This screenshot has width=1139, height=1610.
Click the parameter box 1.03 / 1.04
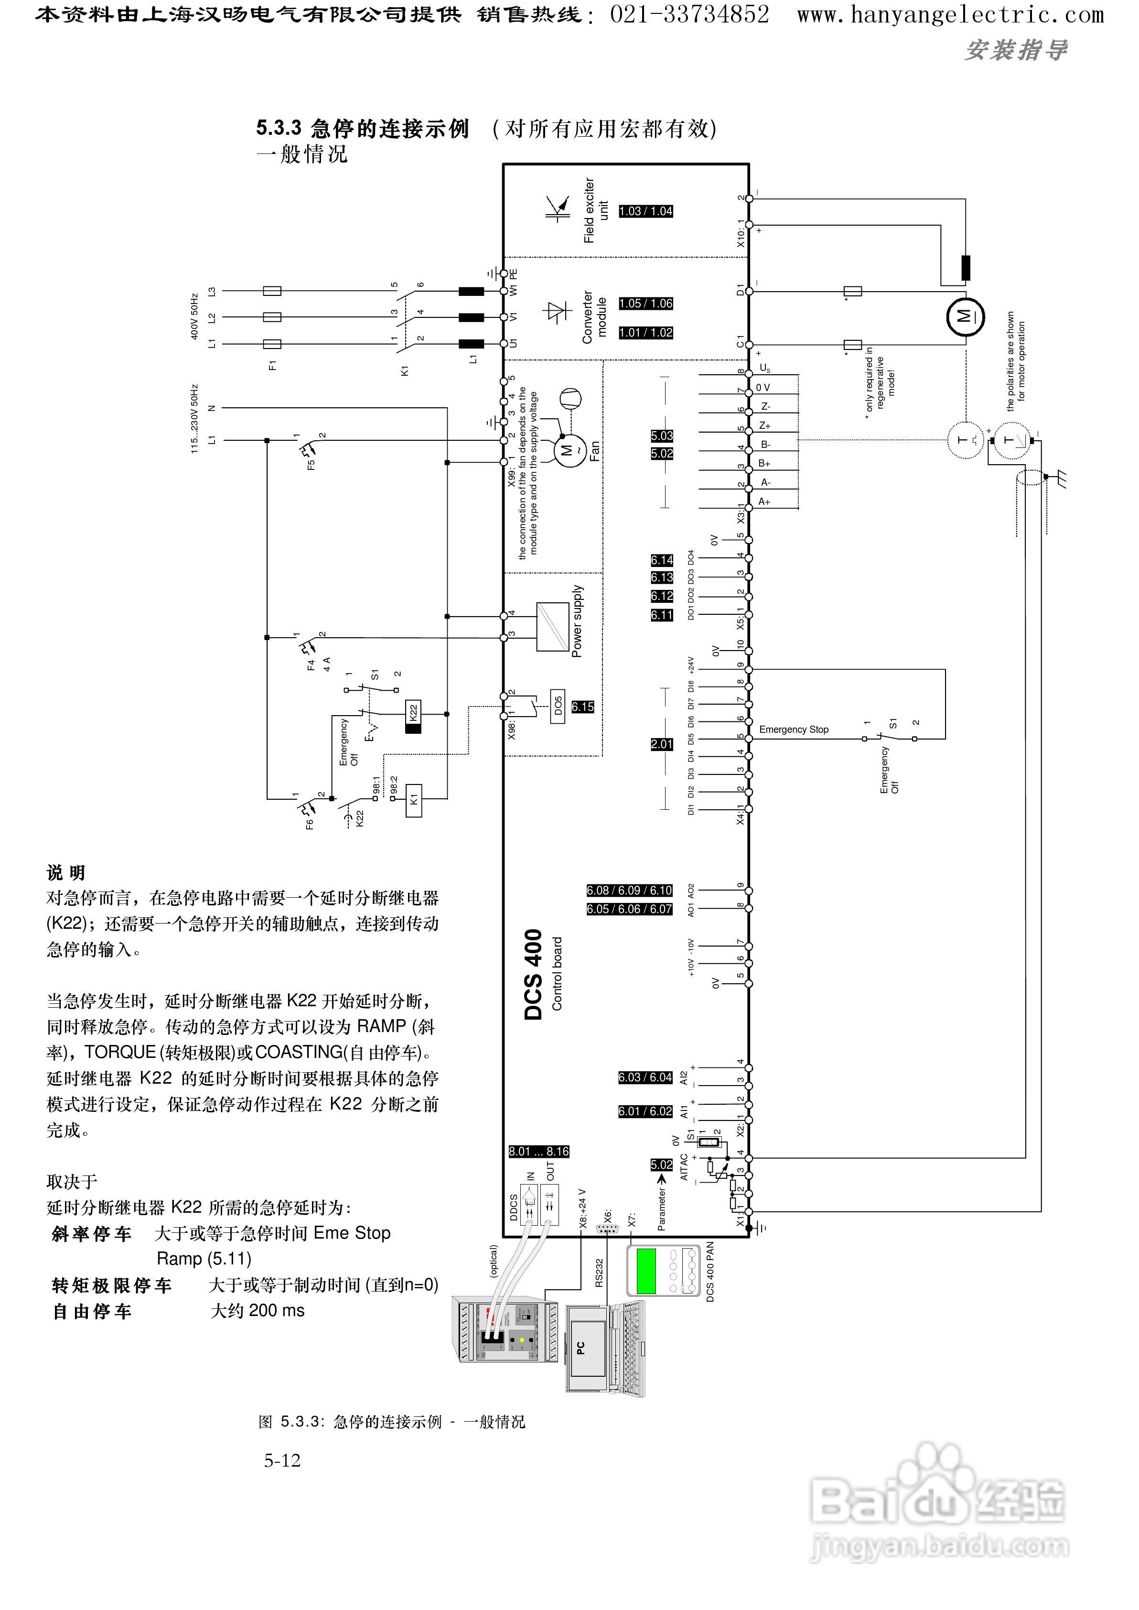click(x=645, y=211)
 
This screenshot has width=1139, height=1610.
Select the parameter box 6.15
click(x=582, y=707)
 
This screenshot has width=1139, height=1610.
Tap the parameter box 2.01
click(x=661, y=744)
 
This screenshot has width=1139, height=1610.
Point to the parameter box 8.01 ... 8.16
click(x=538, y=1151)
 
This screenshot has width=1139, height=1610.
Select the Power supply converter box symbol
click(x=552, y=627)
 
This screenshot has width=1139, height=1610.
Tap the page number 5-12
click(x=282, y=1460)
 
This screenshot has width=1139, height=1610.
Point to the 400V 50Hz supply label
click(x=194, y=317)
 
